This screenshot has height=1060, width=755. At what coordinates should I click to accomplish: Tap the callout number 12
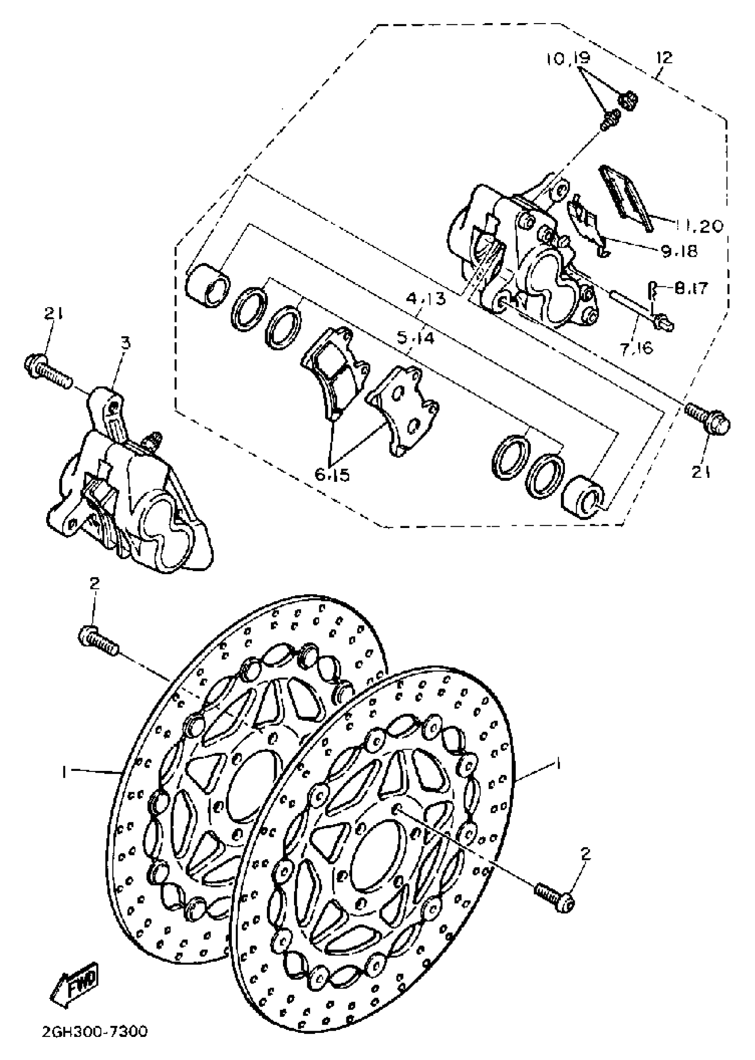(664, 58)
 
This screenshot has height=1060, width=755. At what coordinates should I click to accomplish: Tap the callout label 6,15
(332, 475)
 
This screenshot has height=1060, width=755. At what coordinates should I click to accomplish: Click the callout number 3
(126, 344)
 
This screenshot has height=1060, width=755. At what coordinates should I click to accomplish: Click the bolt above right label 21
(708, 417)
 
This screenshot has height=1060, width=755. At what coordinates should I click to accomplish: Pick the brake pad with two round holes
(403, 409)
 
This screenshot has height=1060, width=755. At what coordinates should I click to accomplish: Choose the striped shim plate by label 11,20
(626, 196)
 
